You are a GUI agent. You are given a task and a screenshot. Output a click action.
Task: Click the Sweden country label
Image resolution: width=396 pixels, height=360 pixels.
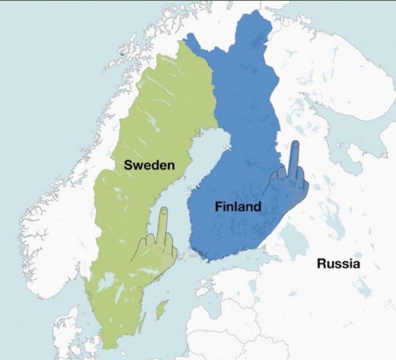click(x=149, y=165)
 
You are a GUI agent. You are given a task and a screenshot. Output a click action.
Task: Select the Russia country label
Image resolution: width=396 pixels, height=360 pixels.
click(x=338, y=263)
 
